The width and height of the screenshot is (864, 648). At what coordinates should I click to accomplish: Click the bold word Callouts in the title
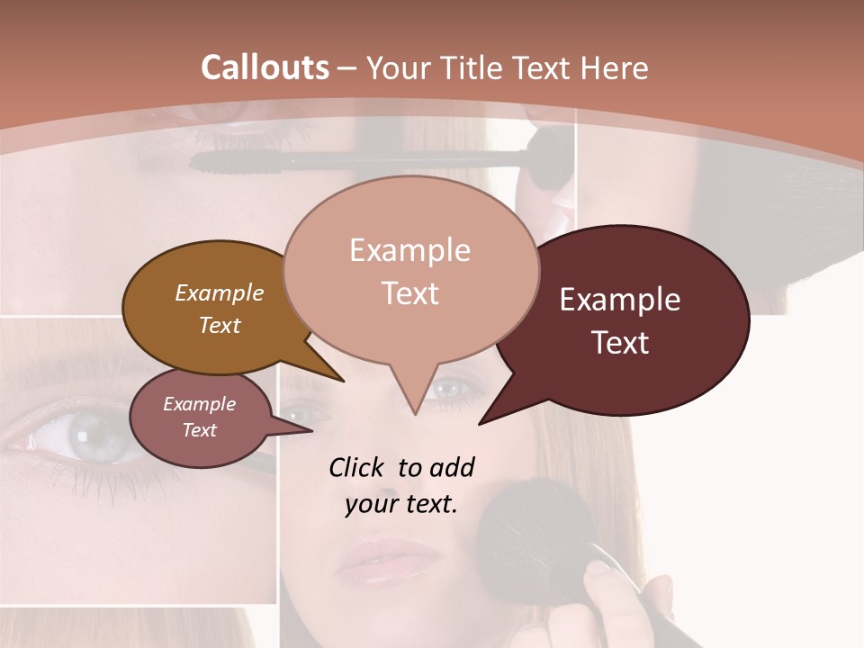[265, 67]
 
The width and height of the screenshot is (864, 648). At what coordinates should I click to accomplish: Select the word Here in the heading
[614, 67]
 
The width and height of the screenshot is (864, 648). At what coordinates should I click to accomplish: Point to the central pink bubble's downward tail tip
[415, 413]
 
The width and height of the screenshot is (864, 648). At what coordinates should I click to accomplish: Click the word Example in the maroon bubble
[620, 300]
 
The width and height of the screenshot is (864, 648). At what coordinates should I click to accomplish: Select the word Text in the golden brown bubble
[220, 326]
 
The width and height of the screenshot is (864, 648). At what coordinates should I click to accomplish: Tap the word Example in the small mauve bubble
[199, 404]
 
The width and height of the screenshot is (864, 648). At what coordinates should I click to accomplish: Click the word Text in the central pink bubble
[410, 293]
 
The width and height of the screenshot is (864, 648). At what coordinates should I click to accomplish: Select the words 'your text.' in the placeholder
[401, 505]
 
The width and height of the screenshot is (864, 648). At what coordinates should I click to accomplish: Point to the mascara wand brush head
[234, 161]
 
